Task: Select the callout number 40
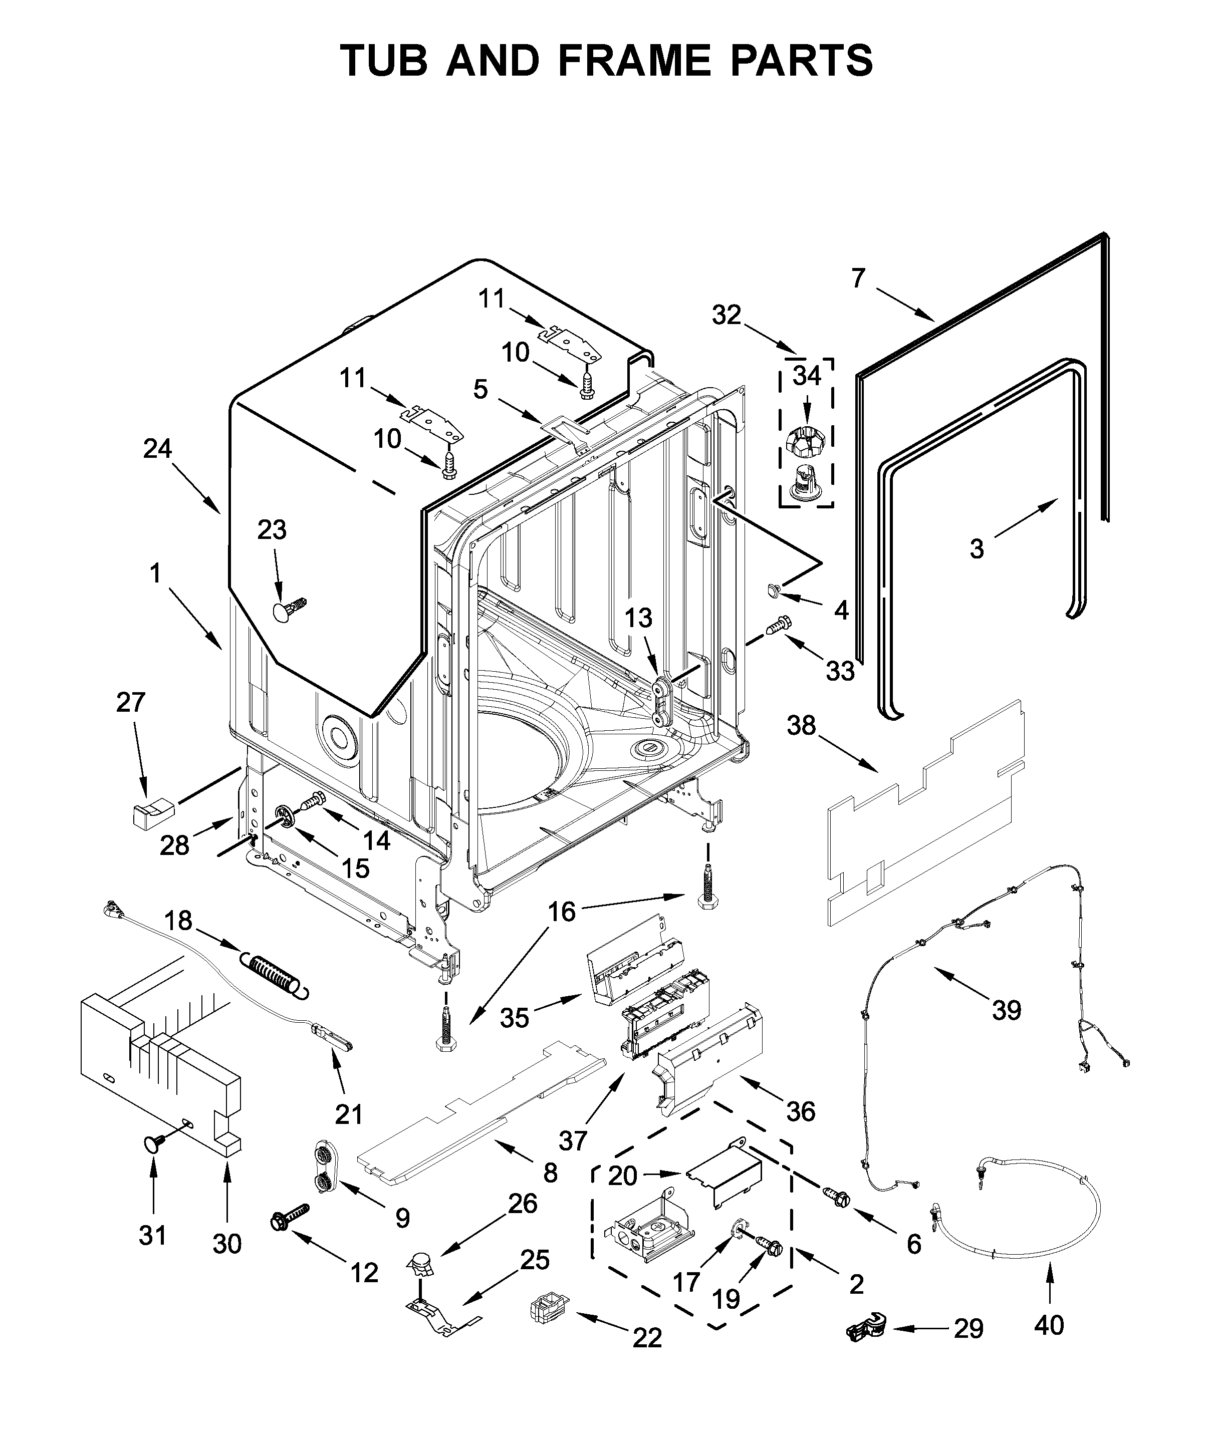click(x=1048, y=1325)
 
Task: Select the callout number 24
click(x=157, y=449)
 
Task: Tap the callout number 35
click(x=514, y=1018)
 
